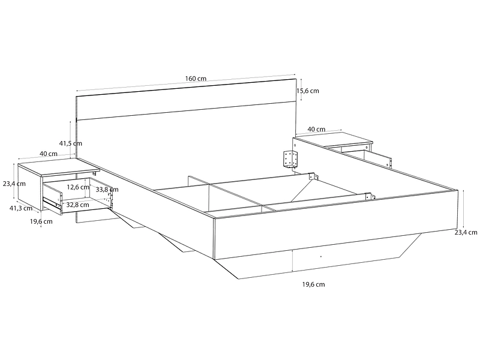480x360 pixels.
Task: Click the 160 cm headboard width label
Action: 196,79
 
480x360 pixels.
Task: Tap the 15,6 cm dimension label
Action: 308,91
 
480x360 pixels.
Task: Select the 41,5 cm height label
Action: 71,143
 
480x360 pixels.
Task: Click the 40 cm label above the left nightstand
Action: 49,154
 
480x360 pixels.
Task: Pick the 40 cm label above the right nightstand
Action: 316,129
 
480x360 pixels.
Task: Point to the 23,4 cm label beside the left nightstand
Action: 14,184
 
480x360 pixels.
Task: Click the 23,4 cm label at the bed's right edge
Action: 466,232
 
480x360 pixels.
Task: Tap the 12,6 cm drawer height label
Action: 78,187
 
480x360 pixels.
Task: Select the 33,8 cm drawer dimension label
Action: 107,190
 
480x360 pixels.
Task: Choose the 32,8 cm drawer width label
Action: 78,205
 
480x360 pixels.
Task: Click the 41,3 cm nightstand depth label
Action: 21,208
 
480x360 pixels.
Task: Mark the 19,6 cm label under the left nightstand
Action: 41,221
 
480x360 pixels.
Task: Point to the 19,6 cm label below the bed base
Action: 313,284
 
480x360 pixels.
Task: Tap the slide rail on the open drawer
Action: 52,203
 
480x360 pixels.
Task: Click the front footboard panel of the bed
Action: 336,224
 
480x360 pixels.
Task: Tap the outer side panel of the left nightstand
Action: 29,187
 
